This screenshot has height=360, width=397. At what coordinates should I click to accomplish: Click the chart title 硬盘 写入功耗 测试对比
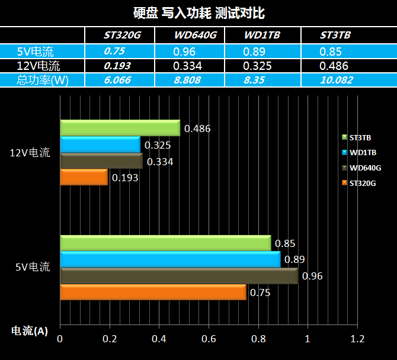(x=198, y=12)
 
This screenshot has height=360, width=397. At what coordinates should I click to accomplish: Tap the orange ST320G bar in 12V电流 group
(x=84, y=177)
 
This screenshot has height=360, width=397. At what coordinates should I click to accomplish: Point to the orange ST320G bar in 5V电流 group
(x=153, y=292)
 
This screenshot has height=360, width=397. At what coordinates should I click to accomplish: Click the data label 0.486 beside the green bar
(x=198, y=128)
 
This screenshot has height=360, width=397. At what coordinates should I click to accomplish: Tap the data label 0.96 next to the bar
(x=312, y=276)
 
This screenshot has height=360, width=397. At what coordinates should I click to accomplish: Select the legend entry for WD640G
(x=362, y=168)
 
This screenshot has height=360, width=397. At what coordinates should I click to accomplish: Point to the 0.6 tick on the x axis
(x=208, y=339)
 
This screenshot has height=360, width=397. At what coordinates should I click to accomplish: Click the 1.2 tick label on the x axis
(x=357, y=339)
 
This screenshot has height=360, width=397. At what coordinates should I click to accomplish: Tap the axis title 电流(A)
(x=30, y=331)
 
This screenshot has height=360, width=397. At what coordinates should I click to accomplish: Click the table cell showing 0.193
(x=117, y=66)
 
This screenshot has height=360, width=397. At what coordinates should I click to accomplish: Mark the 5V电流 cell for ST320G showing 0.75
(x=114, y=51)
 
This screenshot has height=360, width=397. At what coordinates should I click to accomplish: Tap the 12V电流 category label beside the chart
(x=30, y=153)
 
